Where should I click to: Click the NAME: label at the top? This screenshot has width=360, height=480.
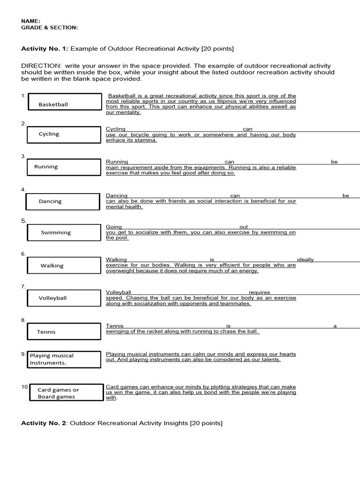(31, 21)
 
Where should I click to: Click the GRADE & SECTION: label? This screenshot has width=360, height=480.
(49, 28)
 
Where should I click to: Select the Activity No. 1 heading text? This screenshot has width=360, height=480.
(127, 49)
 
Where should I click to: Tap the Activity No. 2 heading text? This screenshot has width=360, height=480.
(122, 423)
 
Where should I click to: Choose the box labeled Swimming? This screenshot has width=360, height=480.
(64, 232)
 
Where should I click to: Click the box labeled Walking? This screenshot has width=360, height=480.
(64, 266)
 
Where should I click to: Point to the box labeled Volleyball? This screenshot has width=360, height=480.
(64, 298)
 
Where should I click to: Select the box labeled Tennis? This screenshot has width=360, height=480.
(64, 331)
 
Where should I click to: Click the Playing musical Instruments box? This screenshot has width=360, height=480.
(64, 359)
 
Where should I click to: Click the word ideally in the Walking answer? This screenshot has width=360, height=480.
(305, 260)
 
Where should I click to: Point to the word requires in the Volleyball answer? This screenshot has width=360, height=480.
(259, 292)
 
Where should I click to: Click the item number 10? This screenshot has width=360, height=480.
(24, 387)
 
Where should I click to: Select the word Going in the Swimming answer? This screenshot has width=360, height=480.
(114, 227)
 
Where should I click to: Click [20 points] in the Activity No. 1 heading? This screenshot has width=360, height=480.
(217, 49)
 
